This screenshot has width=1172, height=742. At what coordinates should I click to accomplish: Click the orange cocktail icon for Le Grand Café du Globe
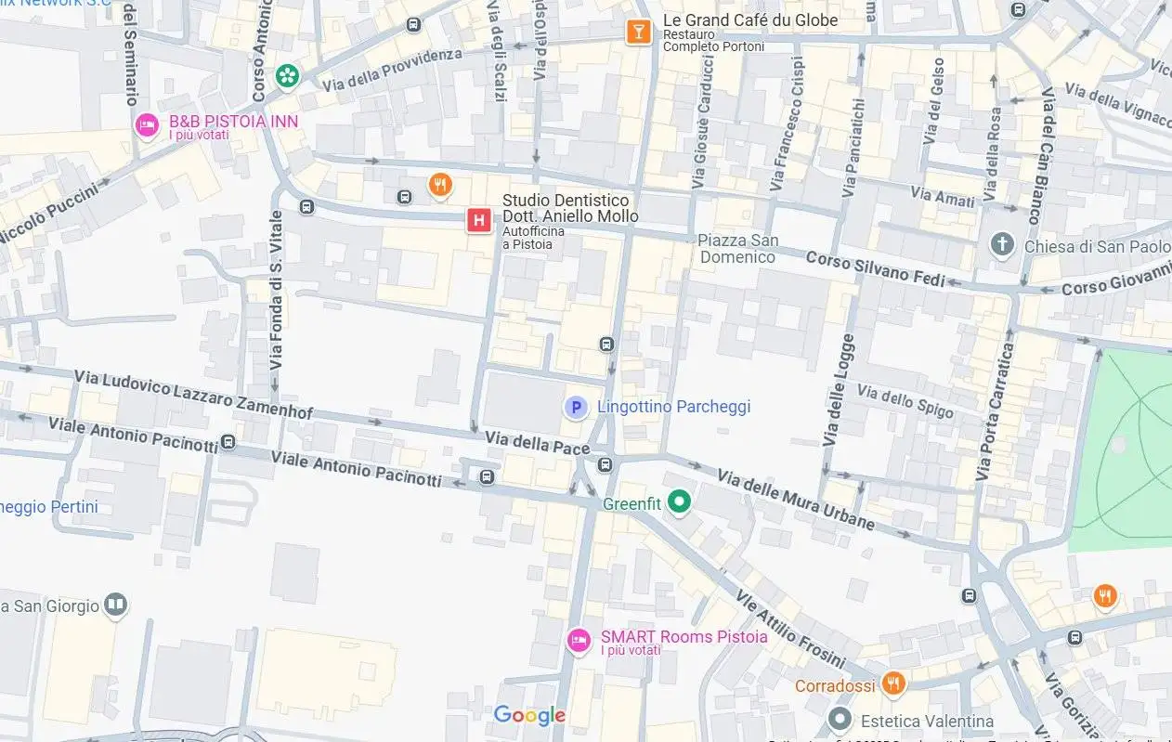[x=637, y=32]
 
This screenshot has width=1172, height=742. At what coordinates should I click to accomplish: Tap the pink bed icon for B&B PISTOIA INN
[x=147, y=124]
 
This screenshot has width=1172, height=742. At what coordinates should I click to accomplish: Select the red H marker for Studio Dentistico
[x=478, y=220]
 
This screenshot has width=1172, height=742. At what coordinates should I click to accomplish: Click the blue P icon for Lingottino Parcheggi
[x=577, y=408]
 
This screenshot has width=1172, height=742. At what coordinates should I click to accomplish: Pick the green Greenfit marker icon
[x=681, y=502]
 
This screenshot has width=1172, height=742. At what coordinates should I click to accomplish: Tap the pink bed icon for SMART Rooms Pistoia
[x=579, y=639]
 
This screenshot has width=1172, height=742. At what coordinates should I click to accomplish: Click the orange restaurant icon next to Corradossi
[x=892, y=684]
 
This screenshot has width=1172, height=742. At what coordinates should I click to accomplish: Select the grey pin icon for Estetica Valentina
[x=840, y=720]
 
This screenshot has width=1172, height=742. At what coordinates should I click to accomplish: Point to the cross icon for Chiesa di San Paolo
[x=1002, y=245]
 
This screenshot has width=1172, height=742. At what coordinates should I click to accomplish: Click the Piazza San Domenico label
[x=737, y=249]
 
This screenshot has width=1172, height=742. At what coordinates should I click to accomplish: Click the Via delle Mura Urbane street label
[x=796, y=500]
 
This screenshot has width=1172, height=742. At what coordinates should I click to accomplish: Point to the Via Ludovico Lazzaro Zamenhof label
[x=193, y=395]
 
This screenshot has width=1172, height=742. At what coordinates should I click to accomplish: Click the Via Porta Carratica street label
[x=995, y=411]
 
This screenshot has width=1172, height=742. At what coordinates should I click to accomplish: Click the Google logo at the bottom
[x=529, y=715]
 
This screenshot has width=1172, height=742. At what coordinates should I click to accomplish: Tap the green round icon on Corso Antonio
[x=289, y=75]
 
